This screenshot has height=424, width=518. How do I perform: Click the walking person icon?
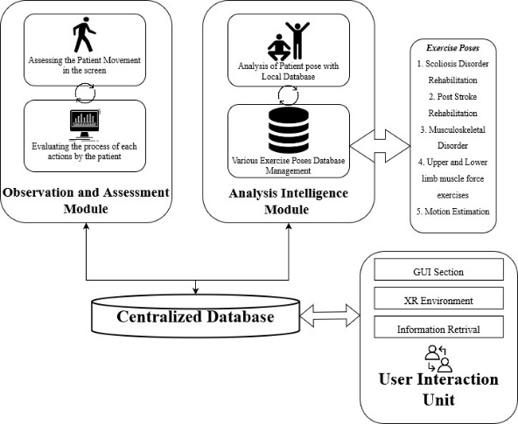(x=84, y=35)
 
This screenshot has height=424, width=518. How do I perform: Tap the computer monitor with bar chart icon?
(x=85, y=125)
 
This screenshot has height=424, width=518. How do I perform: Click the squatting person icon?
(x=279, y=47)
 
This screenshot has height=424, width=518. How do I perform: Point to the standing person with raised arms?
(x=297, y=40)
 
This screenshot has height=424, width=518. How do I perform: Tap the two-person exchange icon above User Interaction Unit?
(x=438, y=358)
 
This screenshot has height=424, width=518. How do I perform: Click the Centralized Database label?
(x=195, y=316)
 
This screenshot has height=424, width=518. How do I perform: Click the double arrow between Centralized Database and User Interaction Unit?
(x=330, y=316)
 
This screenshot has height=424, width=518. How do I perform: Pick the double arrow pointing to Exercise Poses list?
(x=380, y=146)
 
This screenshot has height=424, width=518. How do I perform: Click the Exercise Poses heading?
(x=452, y=48)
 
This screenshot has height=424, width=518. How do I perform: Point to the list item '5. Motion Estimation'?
(x=452, y=212)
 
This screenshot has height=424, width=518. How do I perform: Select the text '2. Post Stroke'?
(x=452, y=97)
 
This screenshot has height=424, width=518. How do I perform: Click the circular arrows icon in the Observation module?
(x=86, y=93)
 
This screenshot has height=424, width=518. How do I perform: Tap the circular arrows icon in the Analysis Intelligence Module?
(x=289, y=95)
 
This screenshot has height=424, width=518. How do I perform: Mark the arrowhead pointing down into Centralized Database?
(x=196, y=290)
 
